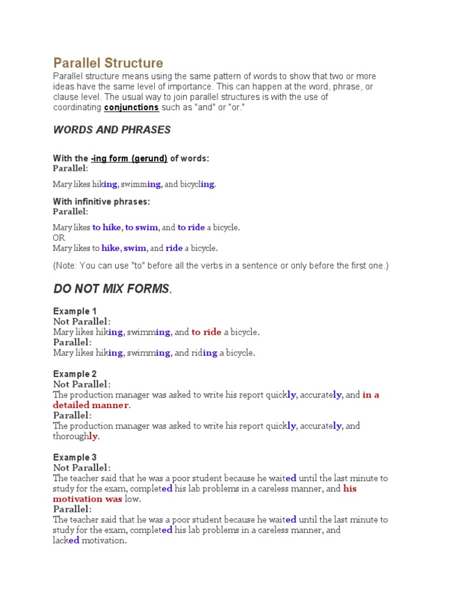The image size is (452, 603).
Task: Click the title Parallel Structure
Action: tap(108, 63)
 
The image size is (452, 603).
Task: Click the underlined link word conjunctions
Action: tap(131, 107)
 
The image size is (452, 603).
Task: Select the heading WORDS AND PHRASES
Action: tap(112, 130)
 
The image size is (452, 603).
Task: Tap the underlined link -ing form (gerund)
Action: tap(129, 158)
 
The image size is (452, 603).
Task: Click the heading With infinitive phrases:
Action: tap(101, 201)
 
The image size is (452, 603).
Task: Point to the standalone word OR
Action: tap(59, 238)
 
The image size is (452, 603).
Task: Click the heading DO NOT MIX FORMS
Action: tap(111, 289)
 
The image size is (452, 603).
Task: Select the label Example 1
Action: tap(75, 311)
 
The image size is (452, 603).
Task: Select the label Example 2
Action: tap(75, 374)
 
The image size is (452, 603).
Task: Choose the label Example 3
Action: tap(75, 458)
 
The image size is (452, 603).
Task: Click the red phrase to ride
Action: tap(206, 332)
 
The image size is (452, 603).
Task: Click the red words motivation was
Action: tap(88, 499)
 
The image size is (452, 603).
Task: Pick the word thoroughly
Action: tap(76, 436)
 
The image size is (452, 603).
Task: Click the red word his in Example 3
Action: tap(350, 489)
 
